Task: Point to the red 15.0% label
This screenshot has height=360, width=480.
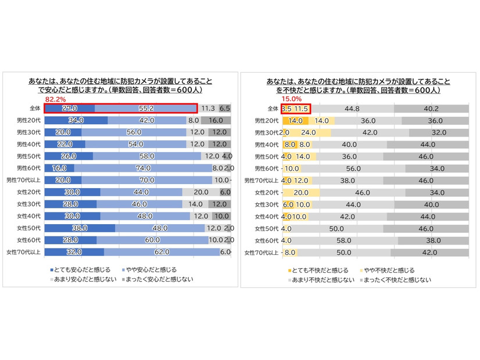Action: pyautogui.click(x=291, y=99)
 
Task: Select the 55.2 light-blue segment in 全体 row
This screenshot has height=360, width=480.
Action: pyautogui.click(x=146, y=108)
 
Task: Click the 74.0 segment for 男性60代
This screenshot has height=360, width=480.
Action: pyautogui.click(x=143, y=168)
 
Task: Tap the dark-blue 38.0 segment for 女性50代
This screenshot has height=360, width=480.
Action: pyautogui.click(x=80, y=228)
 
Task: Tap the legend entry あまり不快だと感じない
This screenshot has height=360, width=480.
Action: pyautogui.click(x=321, y=280)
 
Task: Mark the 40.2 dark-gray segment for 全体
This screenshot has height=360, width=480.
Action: pyautogui.click(x=431, y=109)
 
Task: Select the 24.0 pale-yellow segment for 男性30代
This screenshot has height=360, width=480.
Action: pyautogui.click(x=308, y=132)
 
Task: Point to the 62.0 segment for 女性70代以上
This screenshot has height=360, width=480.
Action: pyautogui.click(x=162, y=252)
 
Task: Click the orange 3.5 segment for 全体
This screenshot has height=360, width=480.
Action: pyautogui.click(x=285, y=109)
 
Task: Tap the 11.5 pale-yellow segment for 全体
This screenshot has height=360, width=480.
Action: pyautogui.click(x=300, y=109)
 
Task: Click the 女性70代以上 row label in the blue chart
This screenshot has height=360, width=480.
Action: pyautogui.click(x=22, y=252)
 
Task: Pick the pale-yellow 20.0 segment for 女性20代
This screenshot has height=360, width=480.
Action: pyautogui.click(x=300, y=192)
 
